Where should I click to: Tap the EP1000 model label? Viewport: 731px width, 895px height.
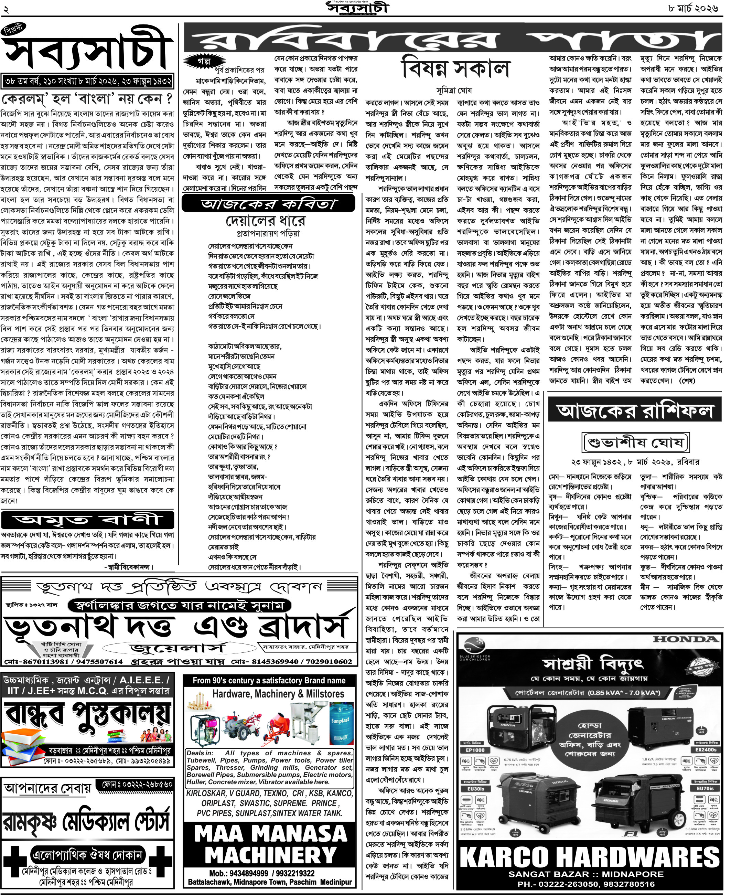point(475,750)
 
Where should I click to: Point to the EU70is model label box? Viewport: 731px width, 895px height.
point(705,788)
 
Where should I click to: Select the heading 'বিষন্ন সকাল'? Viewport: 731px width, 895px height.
point(455,70)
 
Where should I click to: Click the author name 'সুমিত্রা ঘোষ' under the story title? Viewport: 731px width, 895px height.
point(454,90)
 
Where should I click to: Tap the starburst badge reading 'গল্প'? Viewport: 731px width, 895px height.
point(204,61)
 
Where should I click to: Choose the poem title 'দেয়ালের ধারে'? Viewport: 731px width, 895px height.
point(265,221)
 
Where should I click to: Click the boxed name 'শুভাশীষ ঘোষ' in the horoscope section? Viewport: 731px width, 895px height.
point(635,443)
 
